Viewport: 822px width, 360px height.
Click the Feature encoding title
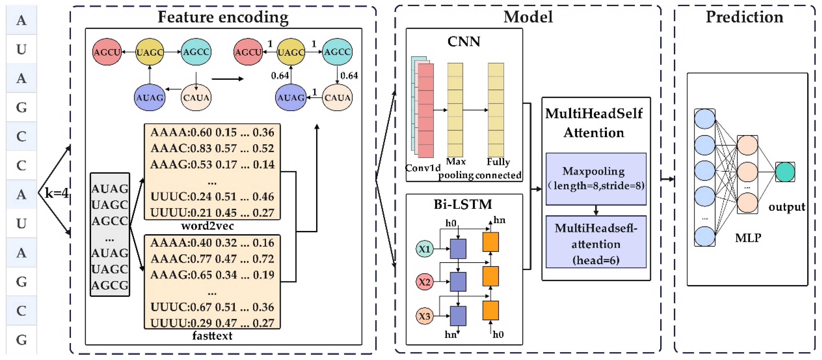223,17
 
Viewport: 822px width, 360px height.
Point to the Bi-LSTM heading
463,204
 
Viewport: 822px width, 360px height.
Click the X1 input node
424,249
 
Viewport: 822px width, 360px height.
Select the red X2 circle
424,282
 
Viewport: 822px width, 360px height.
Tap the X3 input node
424,316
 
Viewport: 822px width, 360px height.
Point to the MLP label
748,238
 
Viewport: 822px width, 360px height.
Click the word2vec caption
207,226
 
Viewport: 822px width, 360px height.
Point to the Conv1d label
422,168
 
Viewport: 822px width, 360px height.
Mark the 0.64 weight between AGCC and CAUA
349,76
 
